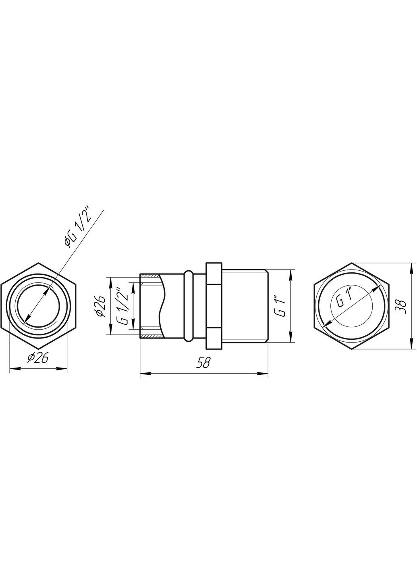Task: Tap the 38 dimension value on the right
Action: [x=401, y=306]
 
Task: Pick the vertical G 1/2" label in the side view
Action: [x=124, y=305]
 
